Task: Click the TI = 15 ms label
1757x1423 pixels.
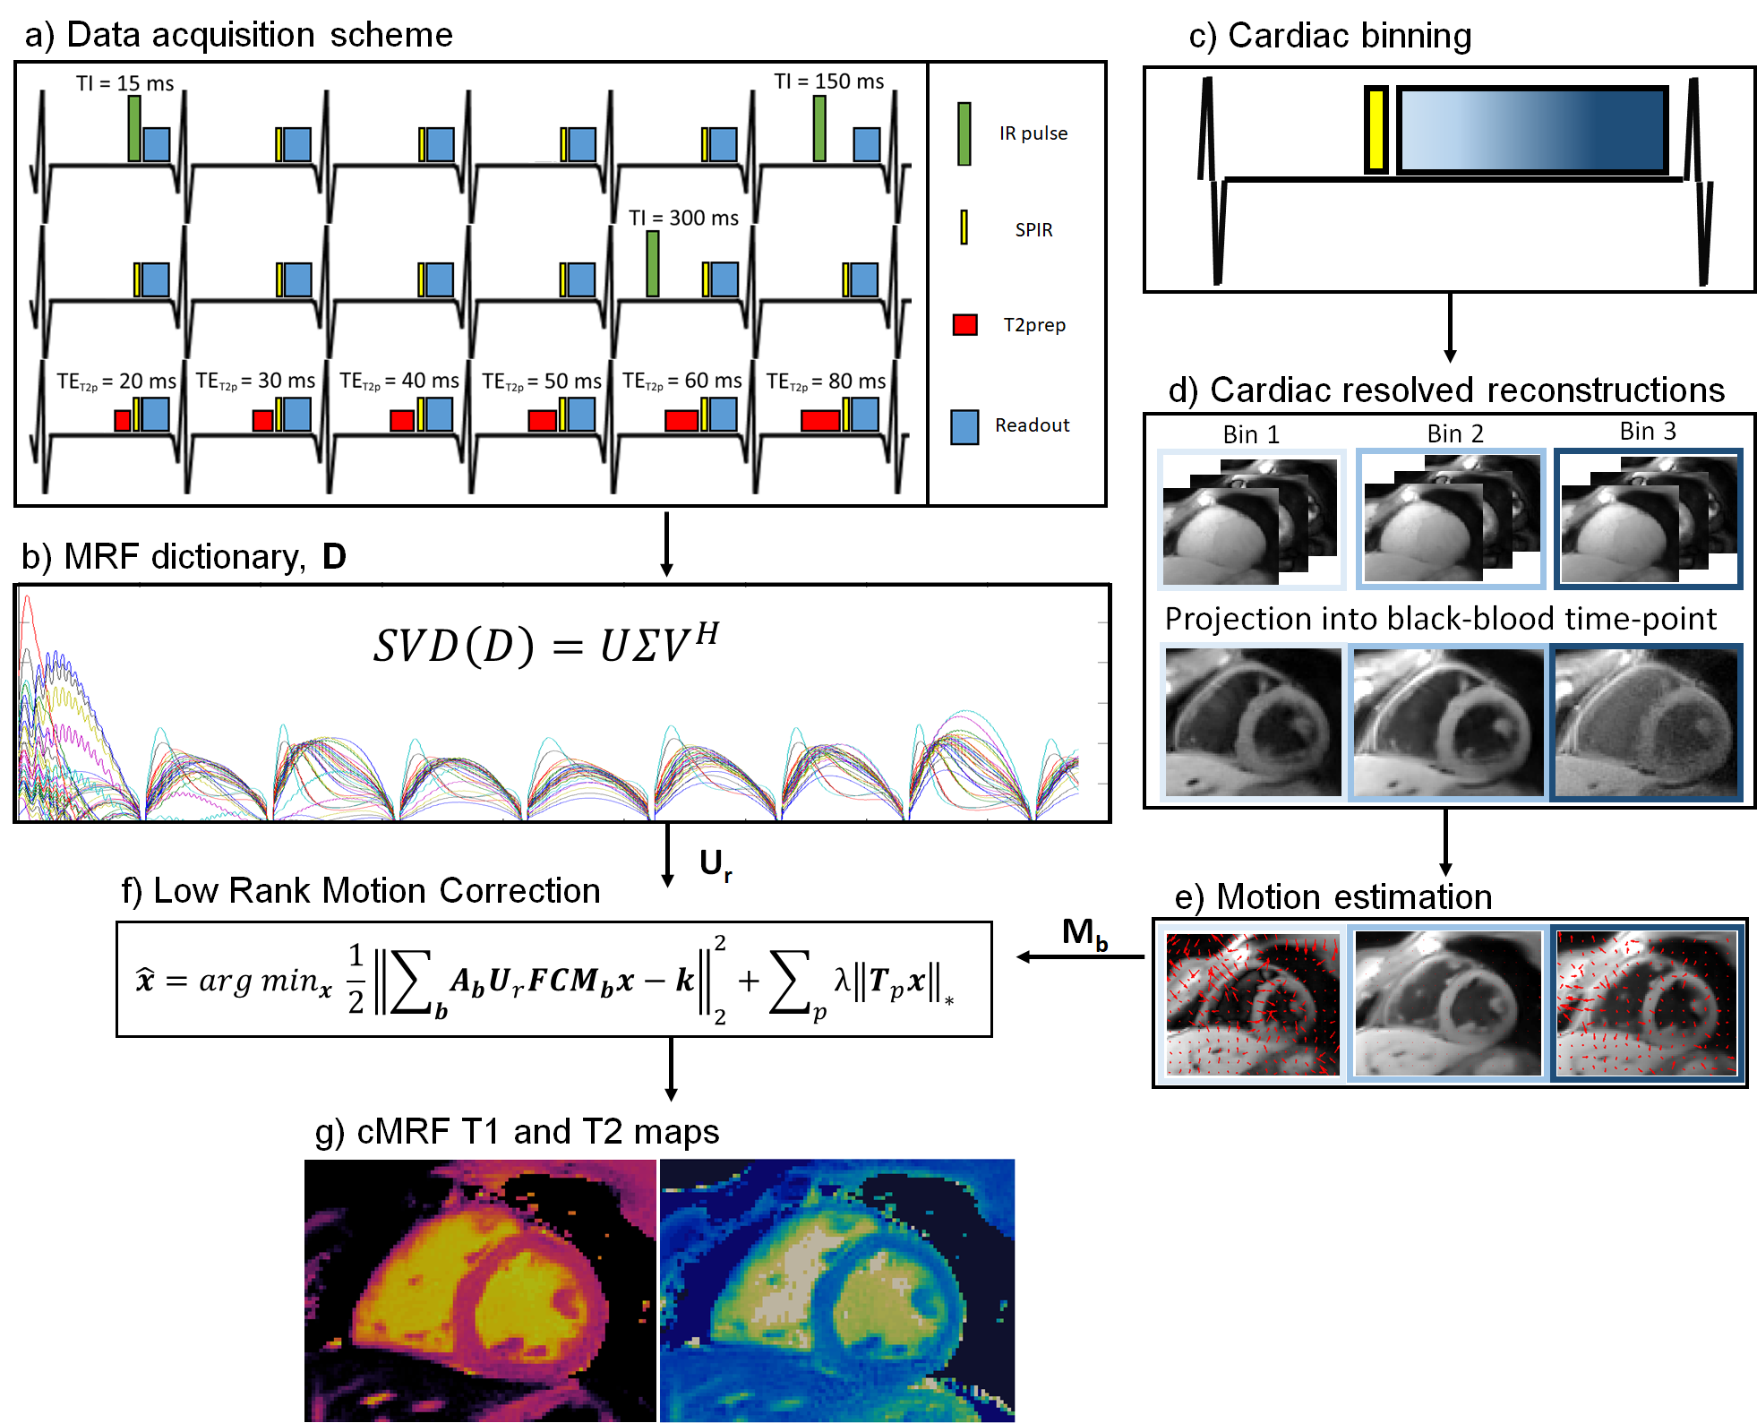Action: [124, 83]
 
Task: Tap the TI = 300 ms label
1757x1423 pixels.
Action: [683, 218]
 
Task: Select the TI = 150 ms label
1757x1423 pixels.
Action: [828, 81]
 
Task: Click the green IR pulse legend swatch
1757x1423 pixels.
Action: [964, 133]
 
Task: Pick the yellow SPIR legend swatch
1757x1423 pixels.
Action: [964, 227]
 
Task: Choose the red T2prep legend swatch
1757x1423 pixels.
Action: [964, 324]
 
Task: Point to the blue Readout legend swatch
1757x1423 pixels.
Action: [964, 426]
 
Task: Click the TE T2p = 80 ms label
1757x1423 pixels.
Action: [826, 381]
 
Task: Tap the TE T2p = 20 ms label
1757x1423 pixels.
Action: [116, 381]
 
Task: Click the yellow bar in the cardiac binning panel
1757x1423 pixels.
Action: [1376, 130]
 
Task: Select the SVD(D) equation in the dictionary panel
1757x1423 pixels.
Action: [545, 644]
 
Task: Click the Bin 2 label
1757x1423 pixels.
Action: [1455, 433]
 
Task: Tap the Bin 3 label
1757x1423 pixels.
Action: [1648, 432]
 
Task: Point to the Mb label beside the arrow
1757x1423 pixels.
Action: [1084, 933]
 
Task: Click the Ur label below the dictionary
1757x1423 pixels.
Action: [715, 864]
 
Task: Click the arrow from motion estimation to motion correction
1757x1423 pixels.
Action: [1079, 956]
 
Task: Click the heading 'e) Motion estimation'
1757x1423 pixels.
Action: [1333, 896]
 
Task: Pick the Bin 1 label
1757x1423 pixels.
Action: [1251, 434]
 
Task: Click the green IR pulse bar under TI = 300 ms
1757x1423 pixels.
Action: [653, 263]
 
